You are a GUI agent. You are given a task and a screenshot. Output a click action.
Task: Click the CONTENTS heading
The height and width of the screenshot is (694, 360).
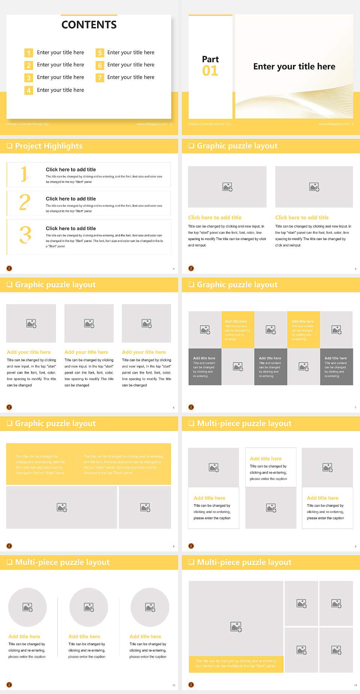click(x=89, y=25)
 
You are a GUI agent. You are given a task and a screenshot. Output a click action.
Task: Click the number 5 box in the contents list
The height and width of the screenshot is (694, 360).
click(x=100, y=53)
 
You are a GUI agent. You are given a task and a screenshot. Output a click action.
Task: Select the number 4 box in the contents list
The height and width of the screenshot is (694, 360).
click(x=28, y=90)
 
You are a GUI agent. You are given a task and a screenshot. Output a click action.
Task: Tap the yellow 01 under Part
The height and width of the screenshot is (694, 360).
click(x=210, y=71)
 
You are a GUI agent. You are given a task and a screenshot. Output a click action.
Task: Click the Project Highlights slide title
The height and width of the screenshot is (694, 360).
click(x=48, y=146)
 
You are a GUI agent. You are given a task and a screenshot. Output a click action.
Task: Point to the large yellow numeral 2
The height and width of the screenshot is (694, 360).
click(x=25, y=202)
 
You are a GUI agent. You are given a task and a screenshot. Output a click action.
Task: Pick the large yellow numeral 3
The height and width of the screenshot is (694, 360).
click(x=25, y=235)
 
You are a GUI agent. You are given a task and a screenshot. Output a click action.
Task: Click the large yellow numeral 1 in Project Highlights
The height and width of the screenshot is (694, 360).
click(x=24, y=174)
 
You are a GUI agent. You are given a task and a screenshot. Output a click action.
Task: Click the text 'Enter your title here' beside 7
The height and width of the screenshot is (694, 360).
click(x=130, y=77)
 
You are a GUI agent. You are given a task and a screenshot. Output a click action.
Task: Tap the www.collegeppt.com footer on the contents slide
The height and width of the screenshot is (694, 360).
click(x=151, y=124)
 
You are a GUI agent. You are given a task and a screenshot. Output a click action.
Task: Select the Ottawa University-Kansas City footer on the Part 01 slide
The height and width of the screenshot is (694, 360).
click(x=209, y=124)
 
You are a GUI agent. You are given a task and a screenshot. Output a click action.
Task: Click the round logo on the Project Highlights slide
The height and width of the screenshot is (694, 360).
click(x=9, y=268)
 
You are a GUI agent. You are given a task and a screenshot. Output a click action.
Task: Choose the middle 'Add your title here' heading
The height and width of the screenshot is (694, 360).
click(x=86, y=352)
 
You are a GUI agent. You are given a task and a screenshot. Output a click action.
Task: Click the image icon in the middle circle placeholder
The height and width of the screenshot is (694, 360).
click(x=89, y=607)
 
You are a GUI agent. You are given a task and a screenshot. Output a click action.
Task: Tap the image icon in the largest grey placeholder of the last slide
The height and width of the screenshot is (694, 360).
click(x=236, y=626)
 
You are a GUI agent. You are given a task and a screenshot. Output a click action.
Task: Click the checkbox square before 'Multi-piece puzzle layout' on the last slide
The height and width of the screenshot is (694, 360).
click(x=191, y=562)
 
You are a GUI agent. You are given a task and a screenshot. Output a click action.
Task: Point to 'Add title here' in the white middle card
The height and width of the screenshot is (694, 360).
click(x=265, y=459)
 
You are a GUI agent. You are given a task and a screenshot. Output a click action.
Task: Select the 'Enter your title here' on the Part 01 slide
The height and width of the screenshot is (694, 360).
click(x=294, y=67)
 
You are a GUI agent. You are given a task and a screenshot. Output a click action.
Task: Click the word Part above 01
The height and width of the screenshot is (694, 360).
click(x=210, y=59)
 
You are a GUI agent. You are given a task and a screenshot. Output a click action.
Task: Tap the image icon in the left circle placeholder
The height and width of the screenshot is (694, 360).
click(x=28, y=607)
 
